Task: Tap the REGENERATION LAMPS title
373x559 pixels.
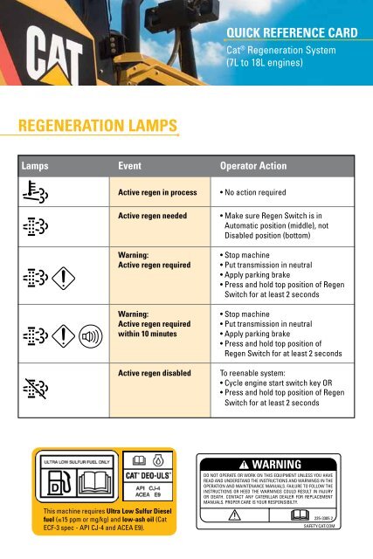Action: click(97, 128)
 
